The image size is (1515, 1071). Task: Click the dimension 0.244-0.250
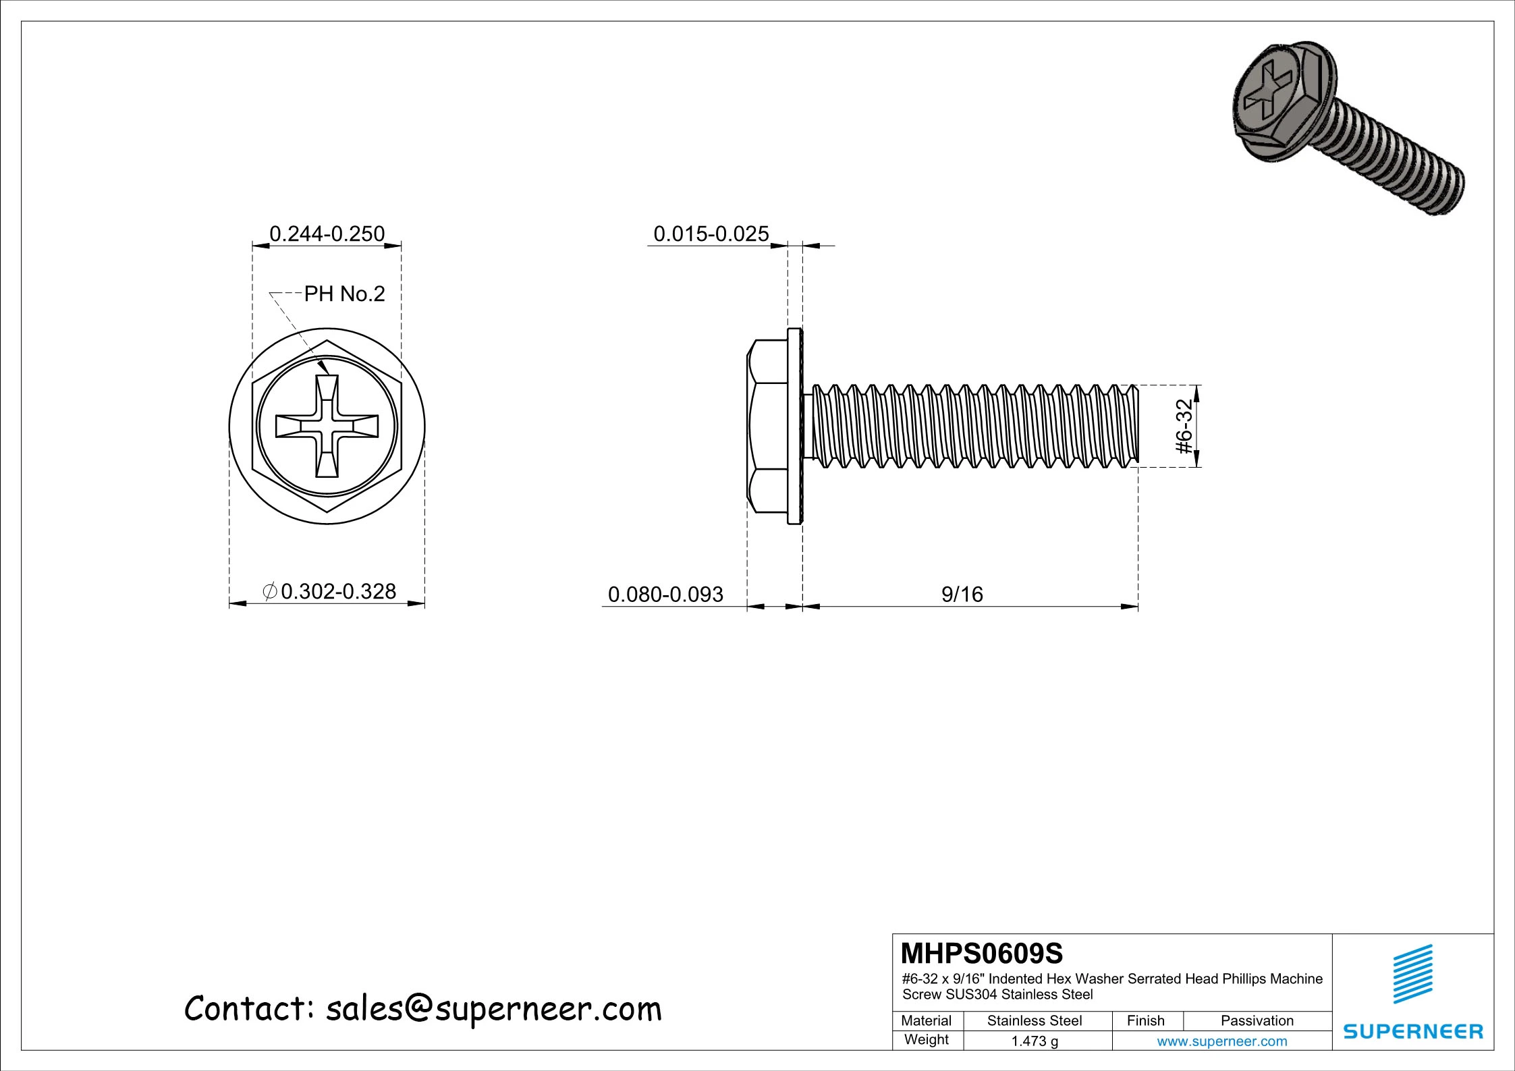coord(327,234)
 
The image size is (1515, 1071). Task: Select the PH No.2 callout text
coord(344,294)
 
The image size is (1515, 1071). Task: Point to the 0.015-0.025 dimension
coord(711,234)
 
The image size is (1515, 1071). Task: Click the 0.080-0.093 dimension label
coord(665,594)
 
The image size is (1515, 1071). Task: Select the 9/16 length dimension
coord(962,594)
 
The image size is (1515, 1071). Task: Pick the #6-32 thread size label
coord(1184,426)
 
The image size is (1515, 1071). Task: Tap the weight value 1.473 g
coord(1034,1041)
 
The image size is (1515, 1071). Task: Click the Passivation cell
coord(1257,1020)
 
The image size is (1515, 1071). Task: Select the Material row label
coord(926,1020)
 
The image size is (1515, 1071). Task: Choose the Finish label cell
coord(1145,1020)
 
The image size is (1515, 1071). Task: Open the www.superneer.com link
coord(1221,1041)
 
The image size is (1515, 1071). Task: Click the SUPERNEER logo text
coord(1412,1031)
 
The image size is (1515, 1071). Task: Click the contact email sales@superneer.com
coord(493,1009)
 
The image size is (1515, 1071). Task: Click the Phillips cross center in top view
coord(327,426)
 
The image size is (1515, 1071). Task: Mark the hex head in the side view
coord(767,426)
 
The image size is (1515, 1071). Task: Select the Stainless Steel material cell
coord(1034,1020)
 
